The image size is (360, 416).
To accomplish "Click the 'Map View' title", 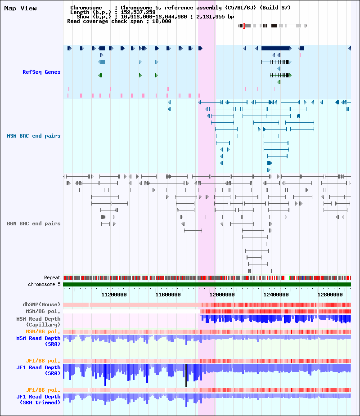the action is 20,9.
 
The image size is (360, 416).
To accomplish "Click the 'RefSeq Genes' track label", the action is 41,72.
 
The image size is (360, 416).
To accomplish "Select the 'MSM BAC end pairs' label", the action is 34,136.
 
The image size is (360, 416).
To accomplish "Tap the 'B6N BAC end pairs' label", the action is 34,224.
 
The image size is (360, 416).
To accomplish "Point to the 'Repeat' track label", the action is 52,277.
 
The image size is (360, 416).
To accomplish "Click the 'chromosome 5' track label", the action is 44,284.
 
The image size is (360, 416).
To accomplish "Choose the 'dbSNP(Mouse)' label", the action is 41,304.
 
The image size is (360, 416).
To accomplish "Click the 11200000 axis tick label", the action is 114,295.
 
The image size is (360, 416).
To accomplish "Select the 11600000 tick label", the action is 168,295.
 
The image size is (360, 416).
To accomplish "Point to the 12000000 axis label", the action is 222,295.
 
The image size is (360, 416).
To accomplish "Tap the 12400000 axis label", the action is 276,295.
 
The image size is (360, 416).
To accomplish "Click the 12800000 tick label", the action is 330,295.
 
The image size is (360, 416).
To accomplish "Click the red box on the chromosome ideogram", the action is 244,26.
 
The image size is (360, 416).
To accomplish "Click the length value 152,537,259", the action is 138,12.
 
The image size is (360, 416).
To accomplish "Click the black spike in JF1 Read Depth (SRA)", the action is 186,376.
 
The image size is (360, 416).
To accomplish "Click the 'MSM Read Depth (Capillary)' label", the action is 38,322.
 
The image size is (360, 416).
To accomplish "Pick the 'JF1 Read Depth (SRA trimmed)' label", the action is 38,399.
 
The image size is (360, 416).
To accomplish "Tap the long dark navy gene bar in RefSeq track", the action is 275,48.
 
